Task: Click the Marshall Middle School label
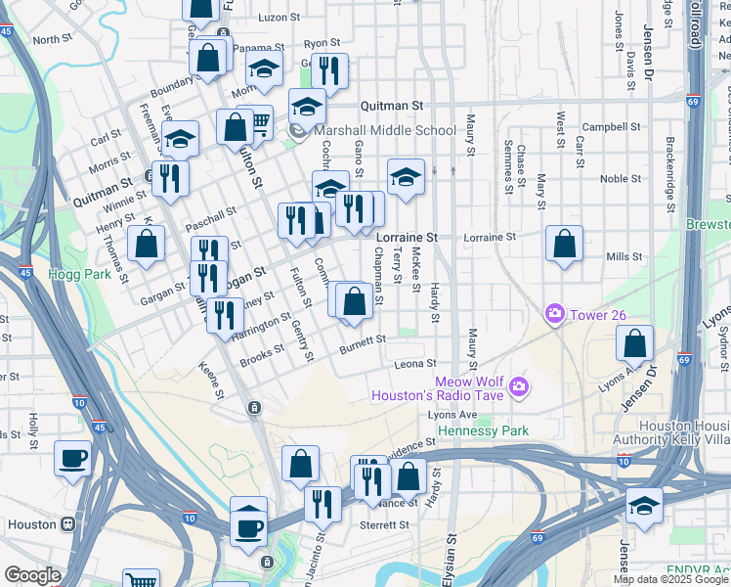click(385, 130)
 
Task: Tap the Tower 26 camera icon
click(554, 313)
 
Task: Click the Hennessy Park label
click(483, 430)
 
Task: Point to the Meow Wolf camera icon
click(518, 386)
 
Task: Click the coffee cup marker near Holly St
click(73, 458)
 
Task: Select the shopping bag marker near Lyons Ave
click(635, 343)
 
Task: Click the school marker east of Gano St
click(406, 177)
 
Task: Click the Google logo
click(31, 575)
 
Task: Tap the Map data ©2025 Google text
click(671, 579)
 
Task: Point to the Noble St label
click(620, 178)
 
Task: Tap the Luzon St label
click(278, 18)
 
